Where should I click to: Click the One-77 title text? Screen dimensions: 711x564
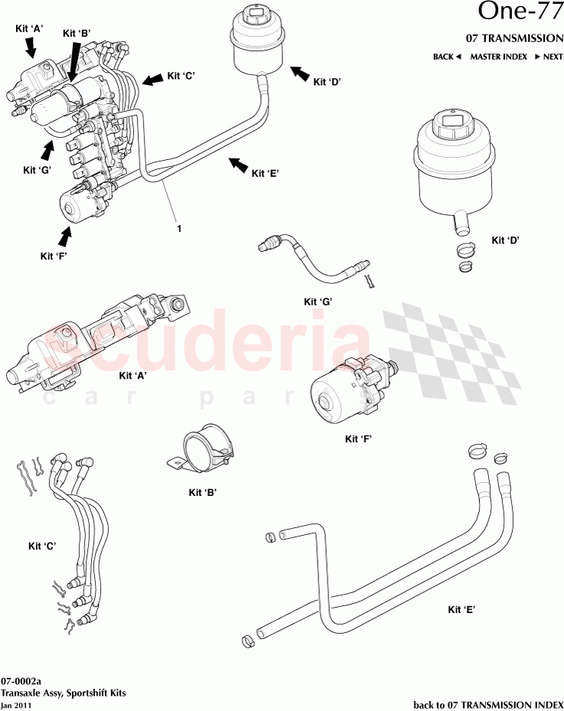pyautogui.click(x=520, y=11)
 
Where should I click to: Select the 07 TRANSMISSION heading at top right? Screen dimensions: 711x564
pyautogui.click(x=514, y=38)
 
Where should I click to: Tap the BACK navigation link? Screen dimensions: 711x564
pyautogui.click(x=447, y=57)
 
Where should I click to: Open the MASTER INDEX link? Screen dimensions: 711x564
pyautogui.click(x=498, y=57)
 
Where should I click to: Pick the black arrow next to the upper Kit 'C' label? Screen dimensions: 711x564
pyautogui.click(x=153, y=78)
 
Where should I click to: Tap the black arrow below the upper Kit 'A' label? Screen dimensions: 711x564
pyautogui.click(x=31, y=48)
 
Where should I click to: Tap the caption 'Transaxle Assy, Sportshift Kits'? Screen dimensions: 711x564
pyautogui.click(x=64, y=693)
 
